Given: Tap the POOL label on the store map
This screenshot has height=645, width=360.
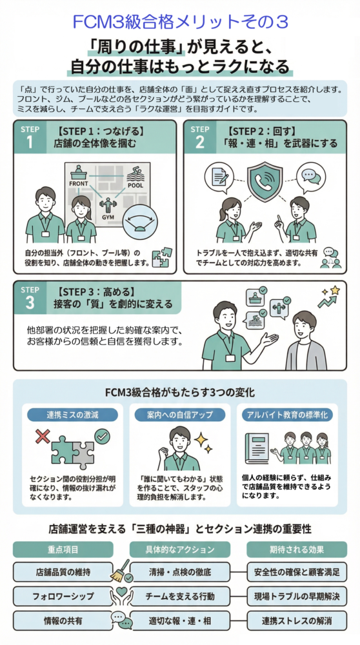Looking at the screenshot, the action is (135, 185).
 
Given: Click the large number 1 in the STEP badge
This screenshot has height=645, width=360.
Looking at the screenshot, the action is (29, 143).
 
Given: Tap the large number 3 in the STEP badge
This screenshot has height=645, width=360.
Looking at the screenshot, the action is (30, 303).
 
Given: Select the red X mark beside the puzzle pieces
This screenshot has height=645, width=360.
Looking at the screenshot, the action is (43, 437).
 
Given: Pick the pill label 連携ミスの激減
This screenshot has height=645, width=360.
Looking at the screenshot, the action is (72, 415).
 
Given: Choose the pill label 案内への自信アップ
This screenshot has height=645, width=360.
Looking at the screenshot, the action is (180, 415).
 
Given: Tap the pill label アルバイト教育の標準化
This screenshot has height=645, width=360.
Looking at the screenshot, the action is (287, 415).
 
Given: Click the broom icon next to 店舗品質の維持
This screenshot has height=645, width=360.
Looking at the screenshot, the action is (121, 571).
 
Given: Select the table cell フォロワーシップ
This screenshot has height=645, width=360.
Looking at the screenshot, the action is (63, 596).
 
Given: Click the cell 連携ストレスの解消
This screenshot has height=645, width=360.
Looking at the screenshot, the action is (297, 620).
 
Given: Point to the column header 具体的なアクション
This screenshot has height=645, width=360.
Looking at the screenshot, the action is (180, 550).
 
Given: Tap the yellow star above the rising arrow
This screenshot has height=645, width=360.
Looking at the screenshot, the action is (335, 290).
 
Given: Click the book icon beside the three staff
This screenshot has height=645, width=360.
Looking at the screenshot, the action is (257, 448).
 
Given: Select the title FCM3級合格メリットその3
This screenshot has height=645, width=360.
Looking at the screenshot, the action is (180, 22).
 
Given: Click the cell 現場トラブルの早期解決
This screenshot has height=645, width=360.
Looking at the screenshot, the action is (297, 596).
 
